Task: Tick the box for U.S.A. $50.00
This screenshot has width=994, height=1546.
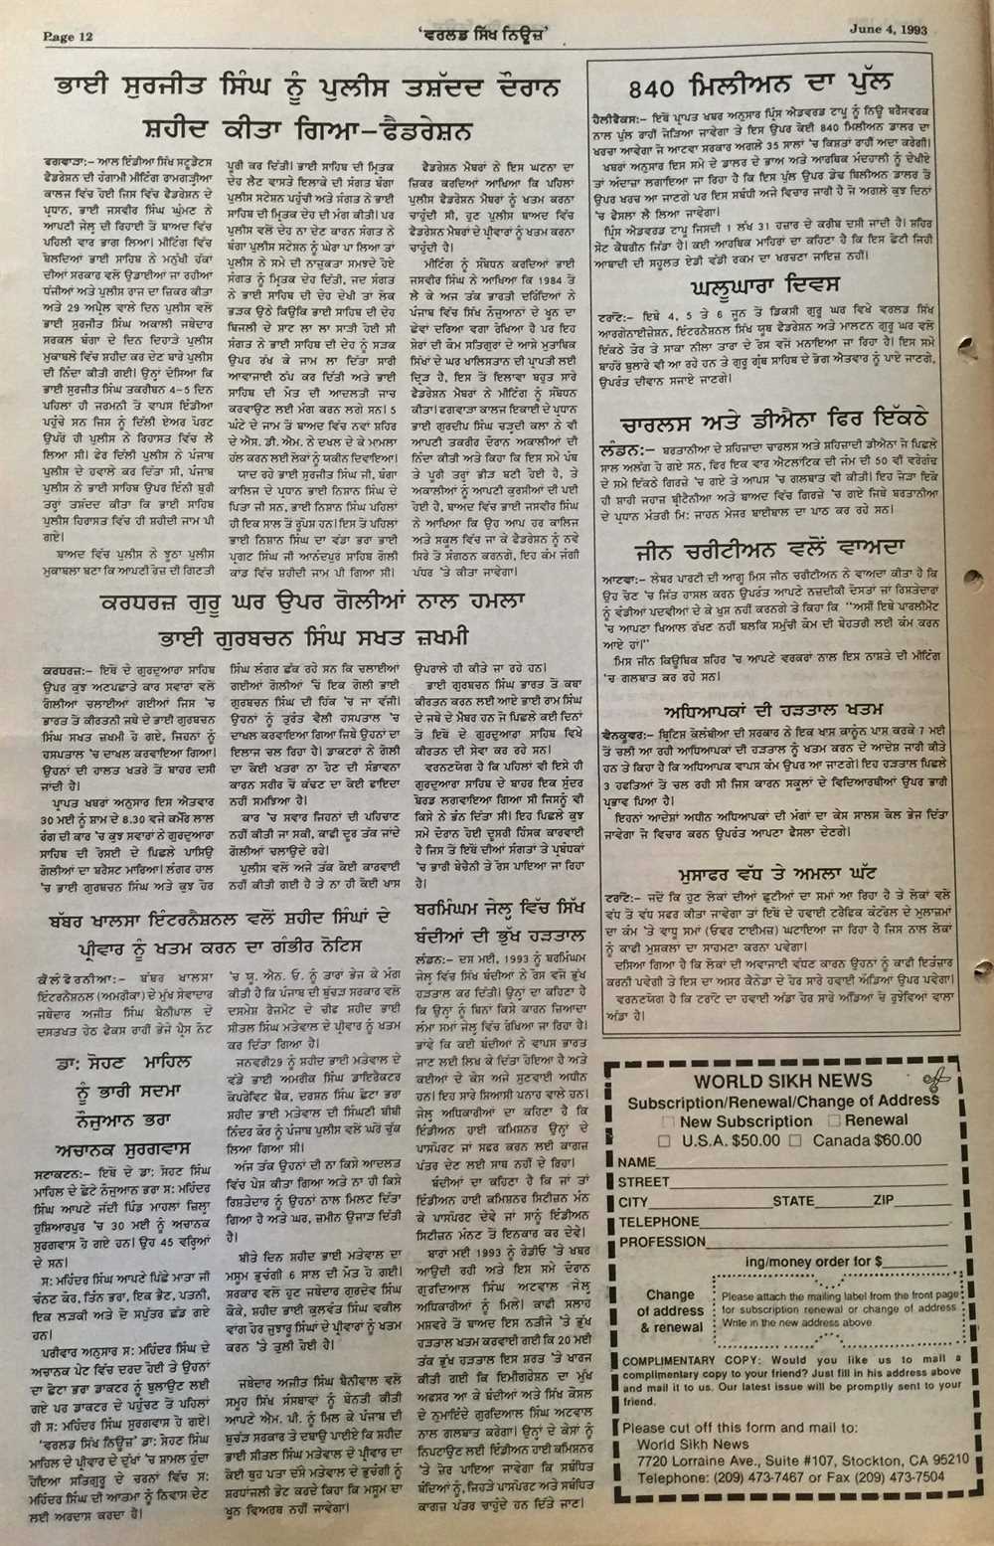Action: [x=664, y=1141]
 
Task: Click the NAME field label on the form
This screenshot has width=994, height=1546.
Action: [x=636, y=1162]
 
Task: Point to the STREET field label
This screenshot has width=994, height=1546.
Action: [x=644, y=1182]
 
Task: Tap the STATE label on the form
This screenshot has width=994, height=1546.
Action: [x=793, y=1201]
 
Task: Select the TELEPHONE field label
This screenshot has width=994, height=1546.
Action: [x=659, y=1222]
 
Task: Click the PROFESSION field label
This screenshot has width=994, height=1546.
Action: [x=662, y=1242]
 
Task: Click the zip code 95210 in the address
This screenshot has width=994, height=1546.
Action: [x=944, y=1459]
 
